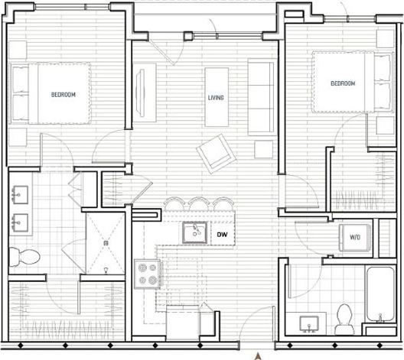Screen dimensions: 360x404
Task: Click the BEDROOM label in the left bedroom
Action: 63,95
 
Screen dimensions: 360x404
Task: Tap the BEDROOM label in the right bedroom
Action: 343,83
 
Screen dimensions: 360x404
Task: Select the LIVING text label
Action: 216,98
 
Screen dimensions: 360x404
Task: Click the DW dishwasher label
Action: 222,235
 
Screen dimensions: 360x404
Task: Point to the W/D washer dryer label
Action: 356,238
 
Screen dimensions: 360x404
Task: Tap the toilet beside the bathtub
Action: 344,315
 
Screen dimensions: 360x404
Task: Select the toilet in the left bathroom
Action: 20,255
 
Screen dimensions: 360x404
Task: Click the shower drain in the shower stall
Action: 106,236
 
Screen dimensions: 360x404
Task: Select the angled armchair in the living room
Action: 214,151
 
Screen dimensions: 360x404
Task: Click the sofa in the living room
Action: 261,97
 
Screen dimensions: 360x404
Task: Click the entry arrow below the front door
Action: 258,354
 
